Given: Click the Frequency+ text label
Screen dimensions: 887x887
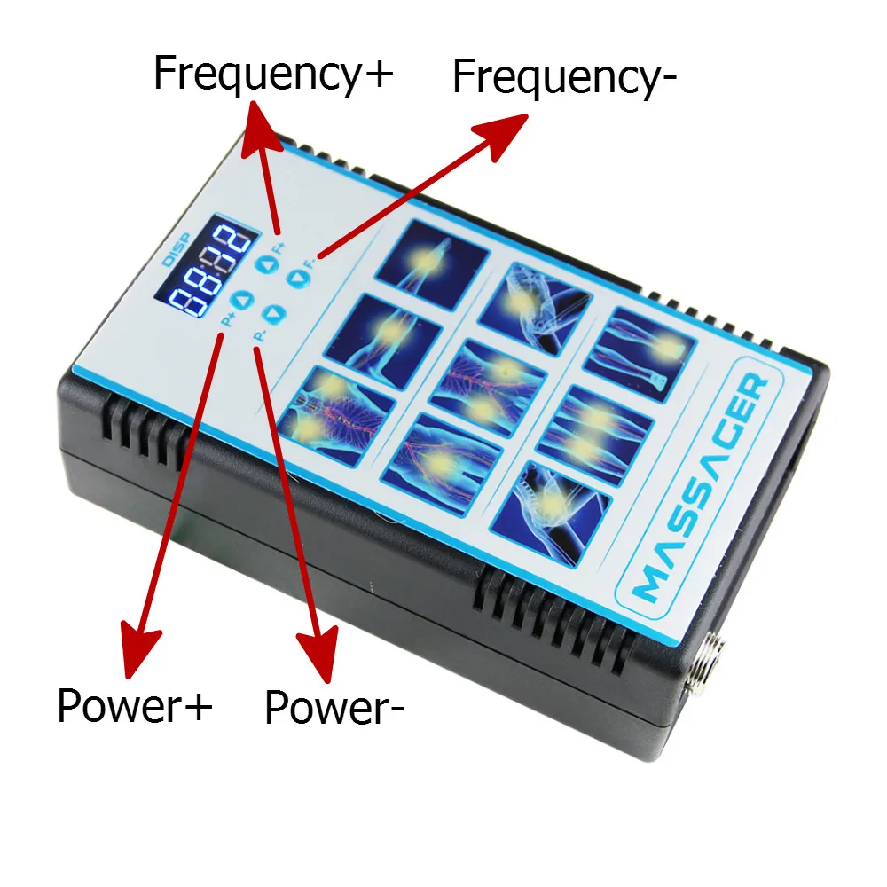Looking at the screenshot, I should tap(272, 74).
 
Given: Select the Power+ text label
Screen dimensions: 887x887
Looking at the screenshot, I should tap(135, 707).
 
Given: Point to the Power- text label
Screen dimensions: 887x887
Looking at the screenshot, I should tap(334, 708).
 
